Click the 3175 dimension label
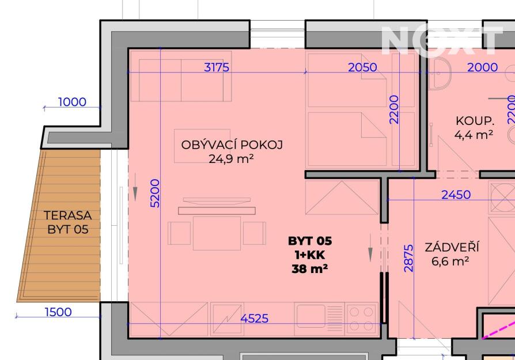(217, 67)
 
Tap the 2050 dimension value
(362, 67)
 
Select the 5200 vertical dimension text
(155, 193)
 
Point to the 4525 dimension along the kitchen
(254, 319)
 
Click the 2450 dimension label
(456, 195)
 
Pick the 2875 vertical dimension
(408, 258)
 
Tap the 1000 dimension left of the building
(72, 102)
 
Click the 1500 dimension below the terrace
(58, 312)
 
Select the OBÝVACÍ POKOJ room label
(232, 145)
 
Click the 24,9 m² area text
(231, 159)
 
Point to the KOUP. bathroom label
(475, 121)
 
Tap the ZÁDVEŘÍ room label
(452, 247)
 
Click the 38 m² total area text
(310, 269)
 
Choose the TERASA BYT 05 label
(67, 222)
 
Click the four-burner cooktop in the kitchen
(361, 319)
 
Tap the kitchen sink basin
(310, 316)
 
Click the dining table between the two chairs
(217, 233)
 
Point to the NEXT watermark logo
(442, 40)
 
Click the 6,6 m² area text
(450, 262)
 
